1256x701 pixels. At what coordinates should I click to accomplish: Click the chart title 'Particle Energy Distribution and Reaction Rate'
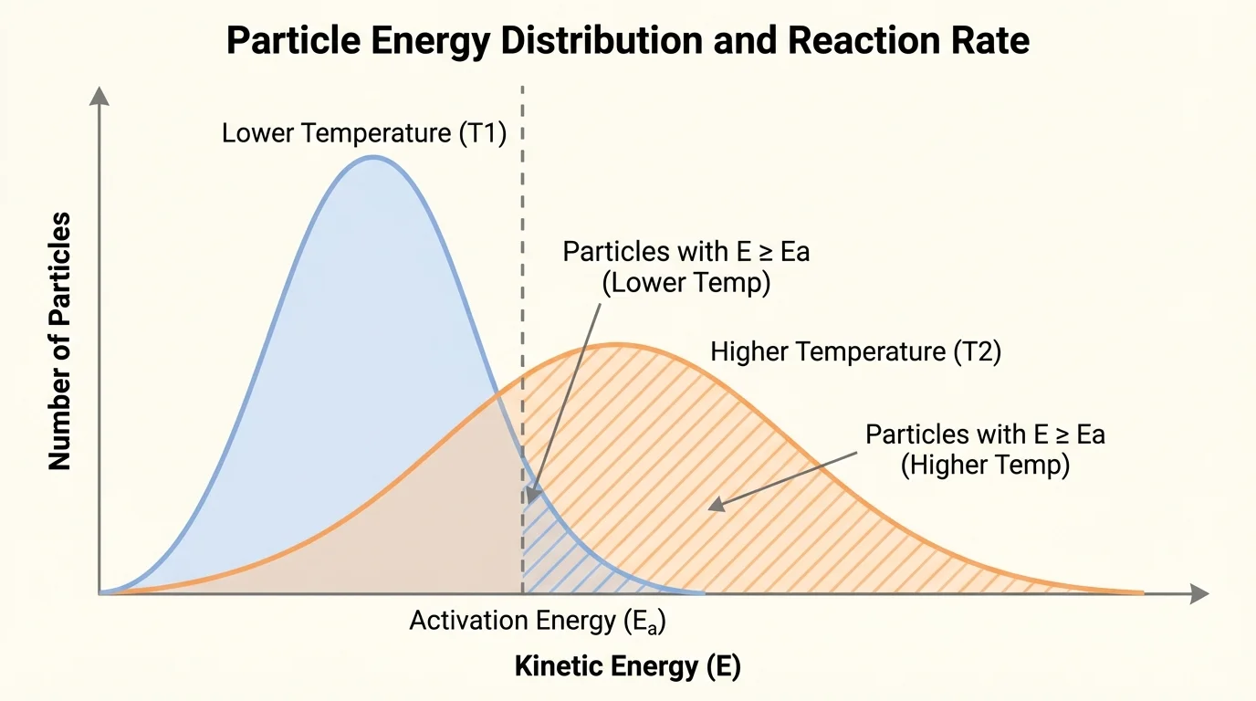628,41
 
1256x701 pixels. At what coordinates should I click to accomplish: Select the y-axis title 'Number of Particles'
60,340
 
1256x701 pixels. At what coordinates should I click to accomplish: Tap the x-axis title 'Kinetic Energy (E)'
628,666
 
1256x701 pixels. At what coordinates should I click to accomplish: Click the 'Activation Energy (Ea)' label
537,622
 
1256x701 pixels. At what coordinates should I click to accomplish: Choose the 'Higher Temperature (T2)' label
855,351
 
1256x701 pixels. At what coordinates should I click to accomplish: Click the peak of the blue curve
372,157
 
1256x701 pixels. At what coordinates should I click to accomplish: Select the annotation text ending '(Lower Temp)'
686,267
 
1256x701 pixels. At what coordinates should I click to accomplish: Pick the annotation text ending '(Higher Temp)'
985,449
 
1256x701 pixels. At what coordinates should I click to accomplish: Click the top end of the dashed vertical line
522,89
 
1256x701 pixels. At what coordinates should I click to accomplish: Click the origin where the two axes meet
99,593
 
